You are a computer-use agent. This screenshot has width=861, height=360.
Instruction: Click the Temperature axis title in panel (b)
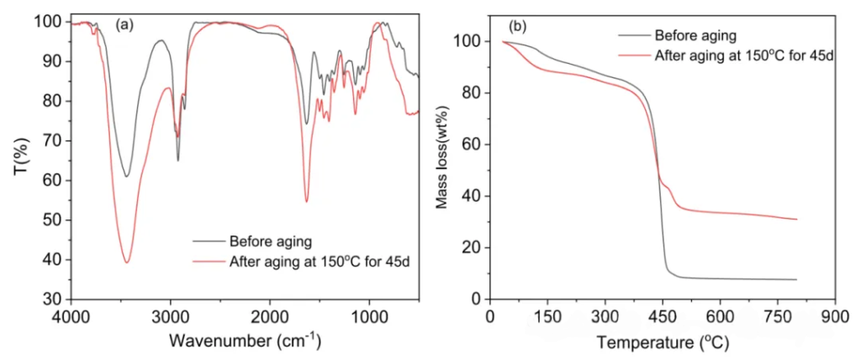663,342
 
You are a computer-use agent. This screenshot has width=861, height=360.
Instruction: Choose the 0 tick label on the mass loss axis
476,299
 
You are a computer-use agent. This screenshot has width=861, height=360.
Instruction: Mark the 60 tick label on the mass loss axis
473,145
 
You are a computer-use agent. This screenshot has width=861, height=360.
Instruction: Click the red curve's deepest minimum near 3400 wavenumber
127,262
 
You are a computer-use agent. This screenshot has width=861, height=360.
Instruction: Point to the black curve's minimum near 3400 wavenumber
127,176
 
